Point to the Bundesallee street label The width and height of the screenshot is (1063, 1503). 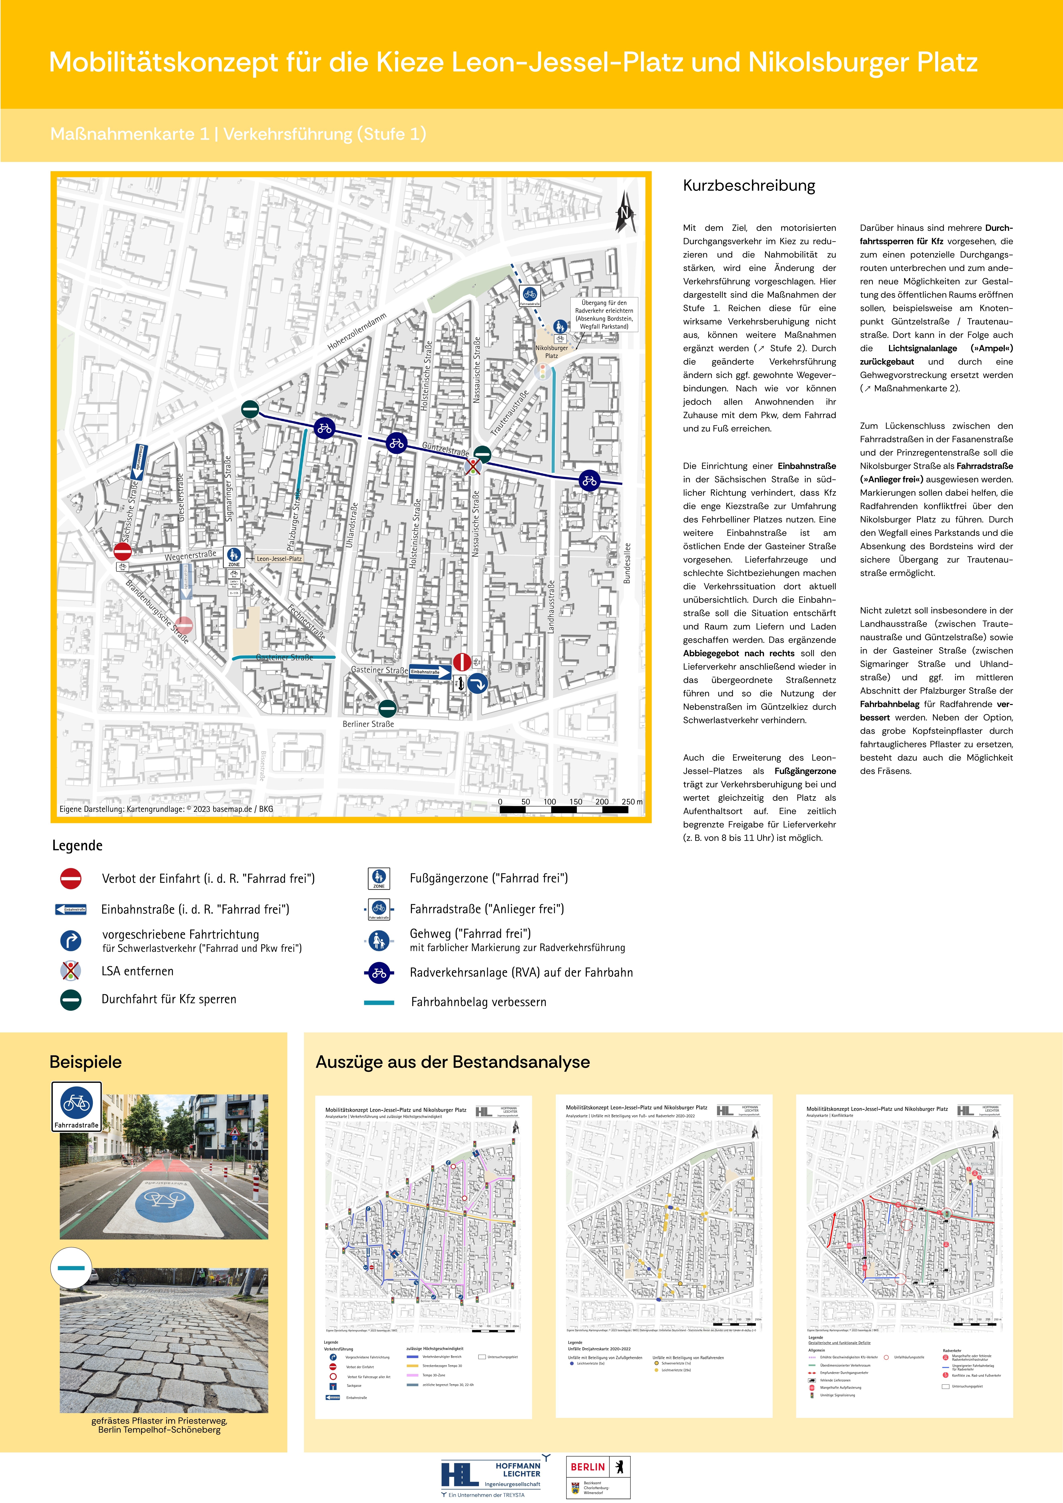coord(627,563)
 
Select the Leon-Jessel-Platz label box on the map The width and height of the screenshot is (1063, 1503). coord(279,558)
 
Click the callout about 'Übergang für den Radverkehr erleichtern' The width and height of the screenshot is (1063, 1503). coord(604,315)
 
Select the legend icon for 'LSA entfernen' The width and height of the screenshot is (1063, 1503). coord(71,971)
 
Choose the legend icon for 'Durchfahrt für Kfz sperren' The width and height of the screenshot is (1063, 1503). coord(71,1000)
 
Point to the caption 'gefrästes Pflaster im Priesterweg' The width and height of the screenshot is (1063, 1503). coord(159,1421)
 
